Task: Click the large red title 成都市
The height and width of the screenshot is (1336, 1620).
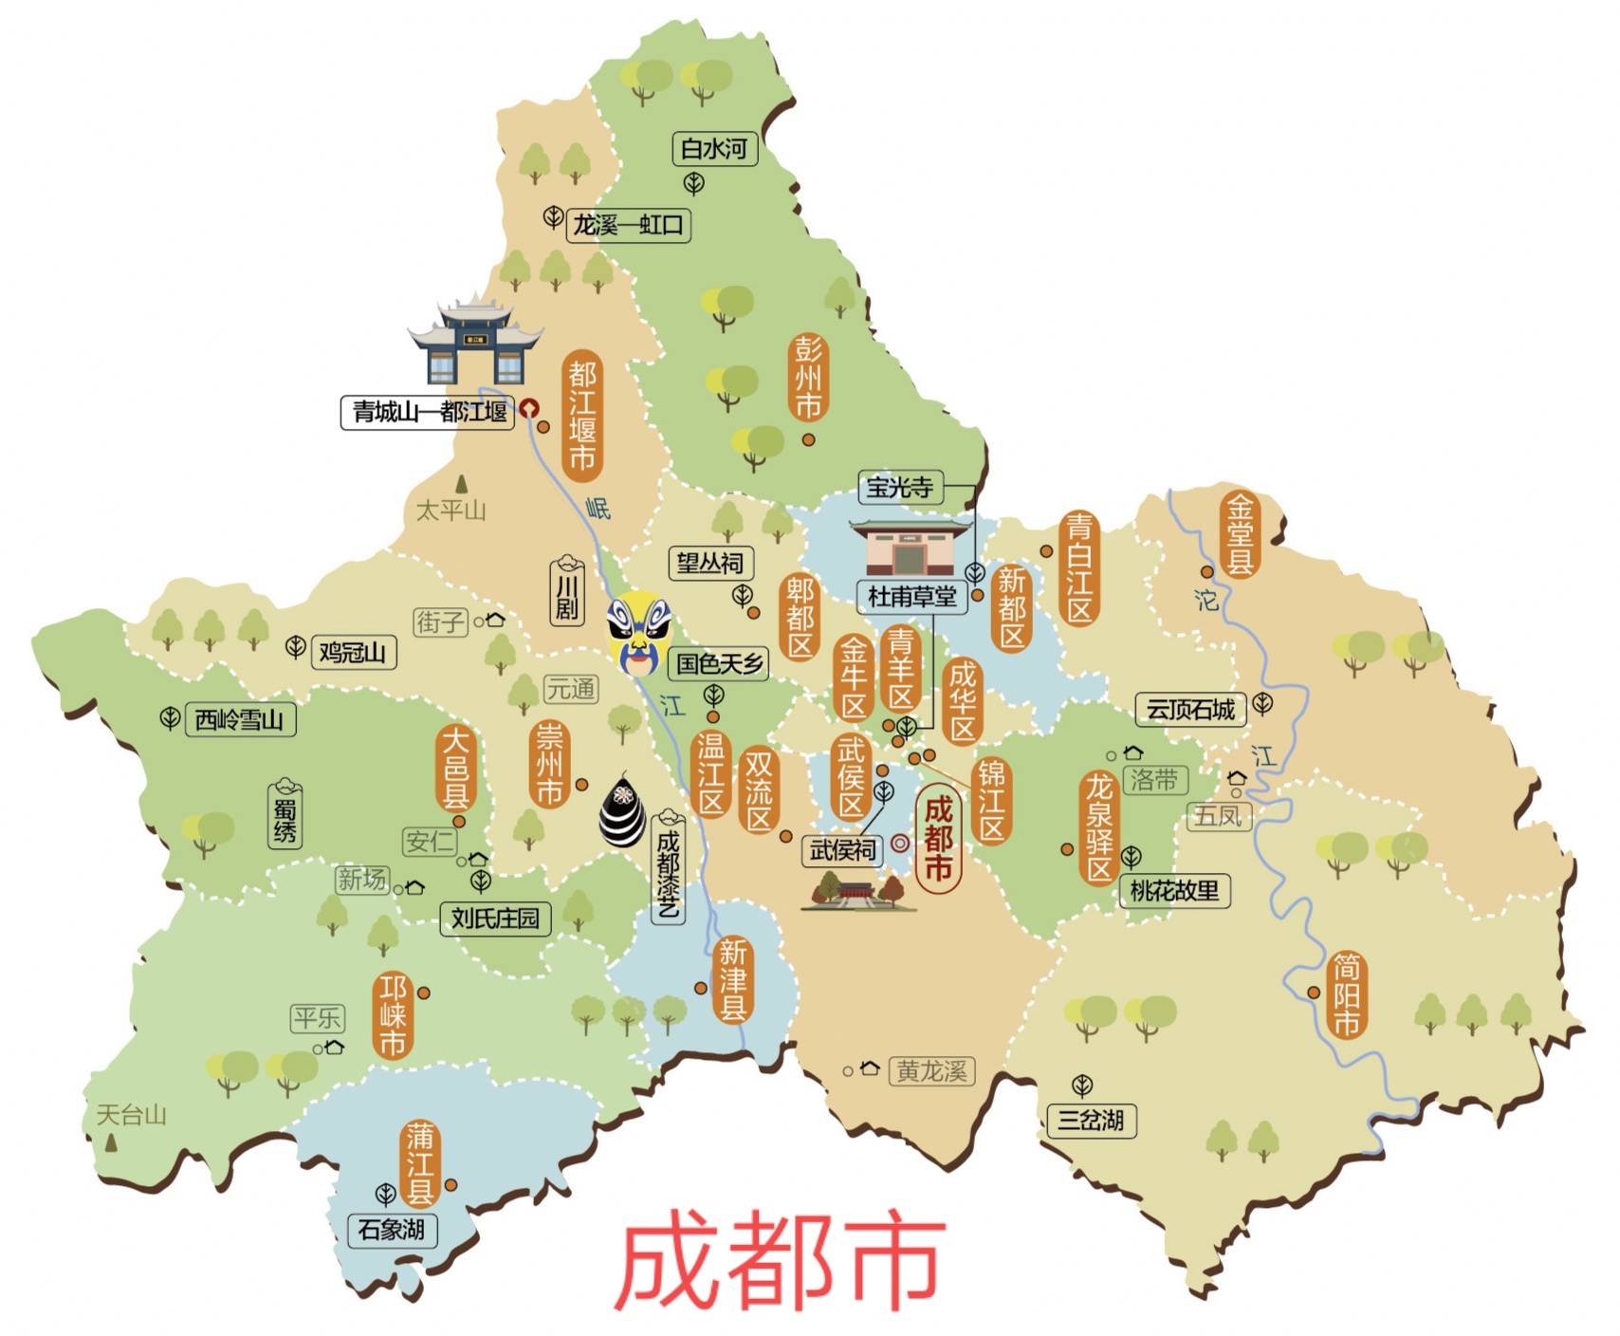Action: pos(781,1258)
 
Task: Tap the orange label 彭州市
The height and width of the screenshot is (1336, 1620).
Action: pos(808,378)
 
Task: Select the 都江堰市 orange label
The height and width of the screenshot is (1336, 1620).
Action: pos(582,415)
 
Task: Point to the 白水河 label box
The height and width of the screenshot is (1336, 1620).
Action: pos(714,149)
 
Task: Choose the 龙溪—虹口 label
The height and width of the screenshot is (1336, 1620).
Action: pos(628,226)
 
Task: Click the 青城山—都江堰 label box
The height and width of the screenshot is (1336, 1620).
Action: pos(429,412)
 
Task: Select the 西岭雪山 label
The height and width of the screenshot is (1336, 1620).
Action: pos(239,720)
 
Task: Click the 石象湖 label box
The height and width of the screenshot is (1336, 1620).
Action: pos(391,1230)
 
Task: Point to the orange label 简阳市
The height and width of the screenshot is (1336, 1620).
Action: pos(1347,994)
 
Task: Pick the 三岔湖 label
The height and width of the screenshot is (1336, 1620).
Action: pos(1091,1121)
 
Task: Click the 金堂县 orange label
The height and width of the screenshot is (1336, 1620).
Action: pos(1241,534)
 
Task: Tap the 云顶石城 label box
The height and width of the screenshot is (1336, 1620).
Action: pos(1190,710)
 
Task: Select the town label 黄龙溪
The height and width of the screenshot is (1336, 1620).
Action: pos(931,1072)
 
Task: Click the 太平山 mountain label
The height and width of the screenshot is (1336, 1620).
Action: pos(451,510)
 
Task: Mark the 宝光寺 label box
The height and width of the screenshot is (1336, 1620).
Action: pos(899,488)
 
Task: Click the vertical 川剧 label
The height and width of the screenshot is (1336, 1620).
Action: pos(567,594)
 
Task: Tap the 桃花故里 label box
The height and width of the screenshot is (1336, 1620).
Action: pos(1174,891)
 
